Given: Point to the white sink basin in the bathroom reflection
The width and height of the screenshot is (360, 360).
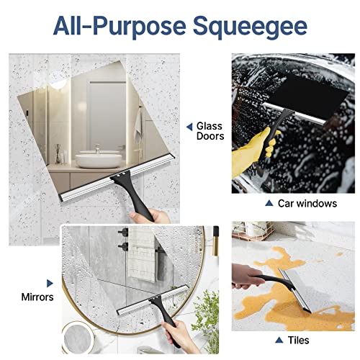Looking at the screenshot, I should click(91, 157).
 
